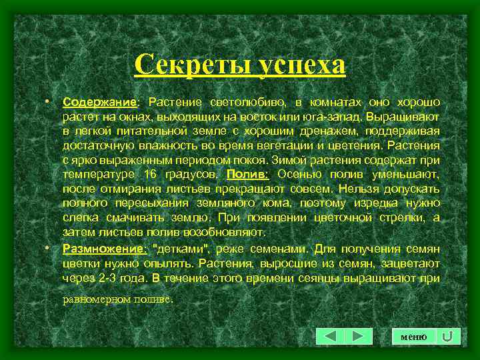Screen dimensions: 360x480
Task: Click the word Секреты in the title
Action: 181,65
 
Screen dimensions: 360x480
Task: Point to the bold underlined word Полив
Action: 247,175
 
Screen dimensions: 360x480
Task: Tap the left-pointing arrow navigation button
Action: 329,337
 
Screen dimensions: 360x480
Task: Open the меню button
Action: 413,337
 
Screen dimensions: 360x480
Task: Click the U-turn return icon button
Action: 448,337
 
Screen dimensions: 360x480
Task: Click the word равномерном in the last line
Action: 93,299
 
